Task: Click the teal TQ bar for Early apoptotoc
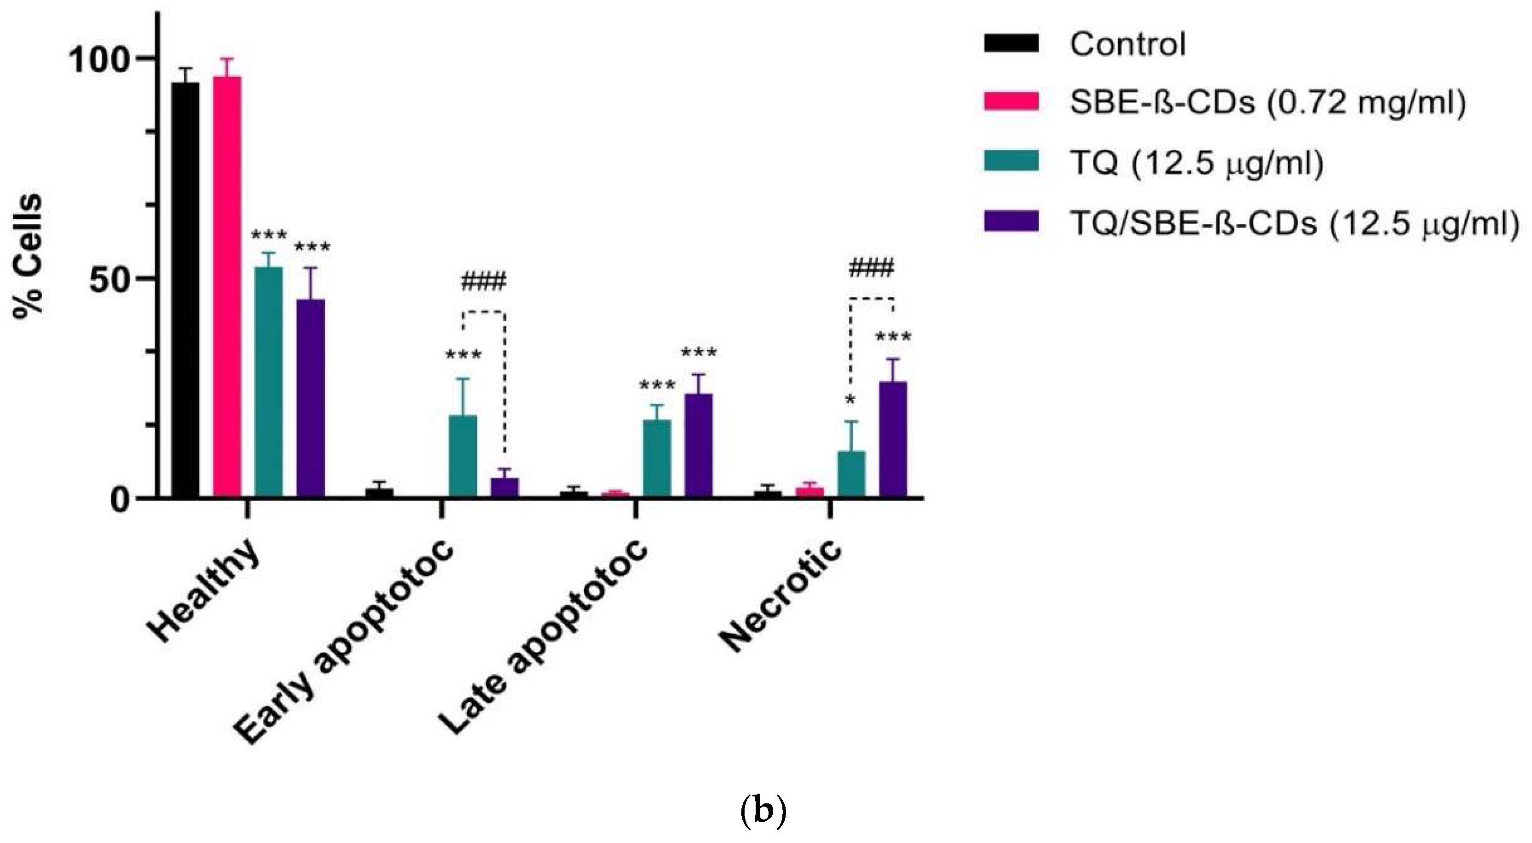[463, 456]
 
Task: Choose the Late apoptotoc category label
[543, 637]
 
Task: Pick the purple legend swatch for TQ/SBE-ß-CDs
[1011, 221]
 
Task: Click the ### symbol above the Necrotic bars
[871, 269]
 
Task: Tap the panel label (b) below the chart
[764, 811]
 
